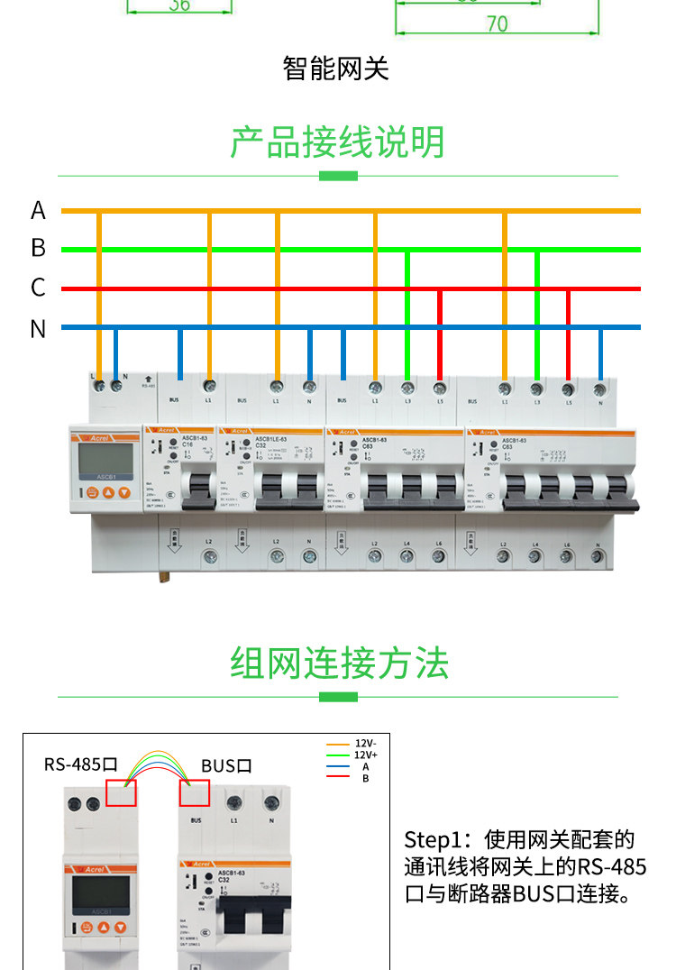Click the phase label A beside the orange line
click(x=38, y=210)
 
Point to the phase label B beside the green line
click(x=38, y=248)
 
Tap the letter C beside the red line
click(x=38, y=288)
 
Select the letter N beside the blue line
click(x=38, y=329)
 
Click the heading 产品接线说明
click(x=338, y=142)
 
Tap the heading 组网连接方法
click(x=338, y=663)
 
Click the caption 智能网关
click(x=336, y=69)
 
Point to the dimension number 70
click(x=497, y=24)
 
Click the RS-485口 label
click(x=81, y=765)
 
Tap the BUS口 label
click(x=226, y=766)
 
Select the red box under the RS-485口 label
click(x=121, y=793)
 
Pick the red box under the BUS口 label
click(x=195, y=793)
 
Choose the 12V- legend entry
click(x=365, y=745)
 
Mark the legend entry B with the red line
click(x=365, y=778)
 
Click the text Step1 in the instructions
click(x=431, y=840)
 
